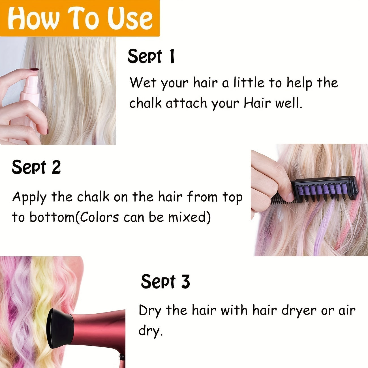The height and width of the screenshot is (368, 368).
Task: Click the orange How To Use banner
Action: click(80, 18)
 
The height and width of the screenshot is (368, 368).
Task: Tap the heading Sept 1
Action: click(151, 57)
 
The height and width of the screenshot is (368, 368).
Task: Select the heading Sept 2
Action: click(36, 167)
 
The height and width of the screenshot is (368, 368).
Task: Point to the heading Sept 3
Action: click(165, 282)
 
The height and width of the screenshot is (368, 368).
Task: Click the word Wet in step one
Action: click(143, 83)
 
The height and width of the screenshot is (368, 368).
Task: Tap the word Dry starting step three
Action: click(150, 311)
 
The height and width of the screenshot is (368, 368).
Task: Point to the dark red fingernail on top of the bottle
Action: click(35, 70)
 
